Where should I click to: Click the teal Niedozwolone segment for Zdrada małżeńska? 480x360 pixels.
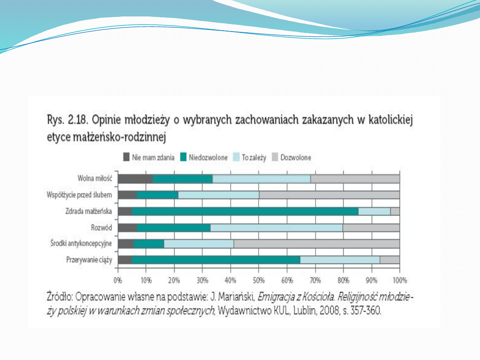pos(245,211)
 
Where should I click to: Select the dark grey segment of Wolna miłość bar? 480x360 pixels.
pos(135,179)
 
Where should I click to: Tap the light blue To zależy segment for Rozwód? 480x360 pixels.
pos(276,228)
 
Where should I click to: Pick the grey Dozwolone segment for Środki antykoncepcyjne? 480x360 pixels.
pos(316,244)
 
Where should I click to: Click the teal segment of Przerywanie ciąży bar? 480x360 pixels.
pos(216,260)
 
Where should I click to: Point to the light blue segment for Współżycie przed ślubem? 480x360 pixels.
pos(219,195)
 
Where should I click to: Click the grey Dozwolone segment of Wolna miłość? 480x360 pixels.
pos(355,179)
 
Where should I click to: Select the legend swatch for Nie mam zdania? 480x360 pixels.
pos(126,157)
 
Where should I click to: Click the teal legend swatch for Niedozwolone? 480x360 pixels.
pos(184,157)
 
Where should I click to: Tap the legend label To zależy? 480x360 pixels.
pos(254,158)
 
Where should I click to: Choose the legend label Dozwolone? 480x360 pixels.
pos(296,157)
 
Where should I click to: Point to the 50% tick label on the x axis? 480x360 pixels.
pos(259,280)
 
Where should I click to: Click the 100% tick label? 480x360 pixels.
pos(400,280)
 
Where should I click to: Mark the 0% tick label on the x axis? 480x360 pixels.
pos(118,280)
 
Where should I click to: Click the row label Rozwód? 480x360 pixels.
pos(101,228)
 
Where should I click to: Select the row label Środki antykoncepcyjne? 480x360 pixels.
pos(81,244)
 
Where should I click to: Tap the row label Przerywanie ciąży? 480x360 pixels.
pos(89,260)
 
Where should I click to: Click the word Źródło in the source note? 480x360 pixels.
pos(60,296)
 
